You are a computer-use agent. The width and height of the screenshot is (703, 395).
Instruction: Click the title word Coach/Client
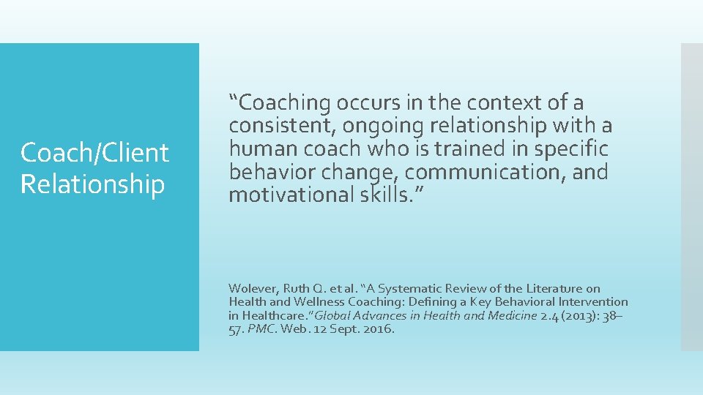coord(94,153)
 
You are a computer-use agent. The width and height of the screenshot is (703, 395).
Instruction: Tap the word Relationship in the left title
coord(92,184)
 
